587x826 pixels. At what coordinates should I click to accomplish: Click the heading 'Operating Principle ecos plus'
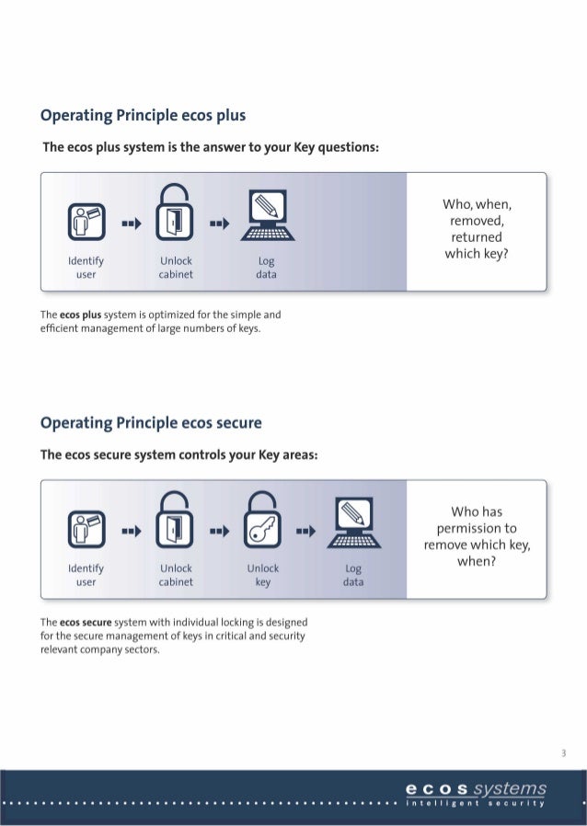click(143, 116)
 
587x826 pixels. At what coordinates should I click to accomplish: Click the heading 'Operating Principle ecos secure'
click(152, 423)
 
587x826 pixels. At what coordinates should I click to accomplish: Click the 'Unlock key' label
click(263, 575)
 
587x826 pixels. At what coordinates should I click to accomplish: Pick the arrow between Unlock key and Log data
click(305, 531)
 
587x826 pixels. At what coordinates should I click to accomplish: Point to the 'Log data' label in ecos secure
click(353, 576)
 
